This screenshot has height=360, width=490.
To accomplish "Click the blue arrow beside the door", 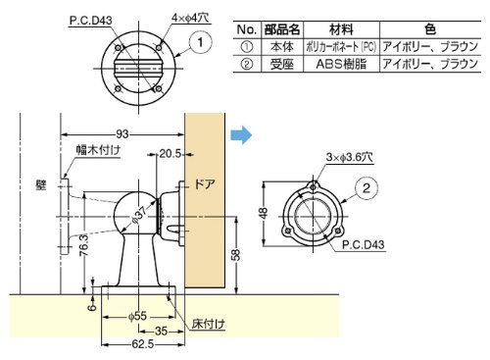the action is pos(241,135).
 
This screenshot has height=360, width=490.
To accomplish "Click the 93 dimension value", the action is pos(122,134).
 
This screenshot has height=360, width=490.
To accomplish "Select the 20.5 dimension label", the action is pos(170,153).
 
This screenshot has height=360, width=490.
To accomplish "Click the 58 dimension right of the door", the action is pos(236,255).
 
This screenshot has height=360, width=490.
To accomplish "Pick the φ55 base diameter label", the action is pos(137,316).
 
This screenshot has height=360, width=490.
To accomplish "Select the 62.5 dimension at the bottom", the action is pos(143,344).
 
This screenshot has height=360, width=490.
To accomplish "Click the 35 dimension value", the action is pos(161,331).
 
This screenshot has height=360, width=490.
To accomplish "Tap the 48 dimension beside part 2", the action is pos(264,213).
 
